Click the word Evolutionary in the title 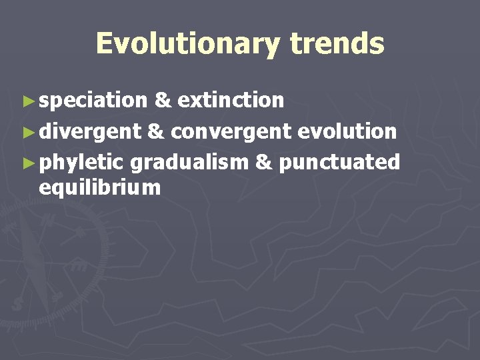[188, 44]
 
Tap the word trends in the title [337, 44]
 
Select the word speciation [93, 101]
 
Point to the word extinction [231, 101]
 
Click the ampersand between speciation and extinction [161, 101]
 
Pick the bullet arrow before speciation [27, 101]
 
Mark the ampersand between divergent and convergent [155, 131]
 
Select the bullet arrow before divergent [27, 132]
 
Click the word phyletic [81, 162]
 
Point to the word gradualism [189, 162]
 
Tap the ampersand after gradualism [264, 162]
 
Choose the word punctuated [339, 162]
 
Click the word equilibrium [100, 188]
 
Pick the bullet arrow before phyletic [27, 163]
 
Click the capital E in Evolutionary [105, 44]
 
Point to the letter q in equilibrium [58, 189]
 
